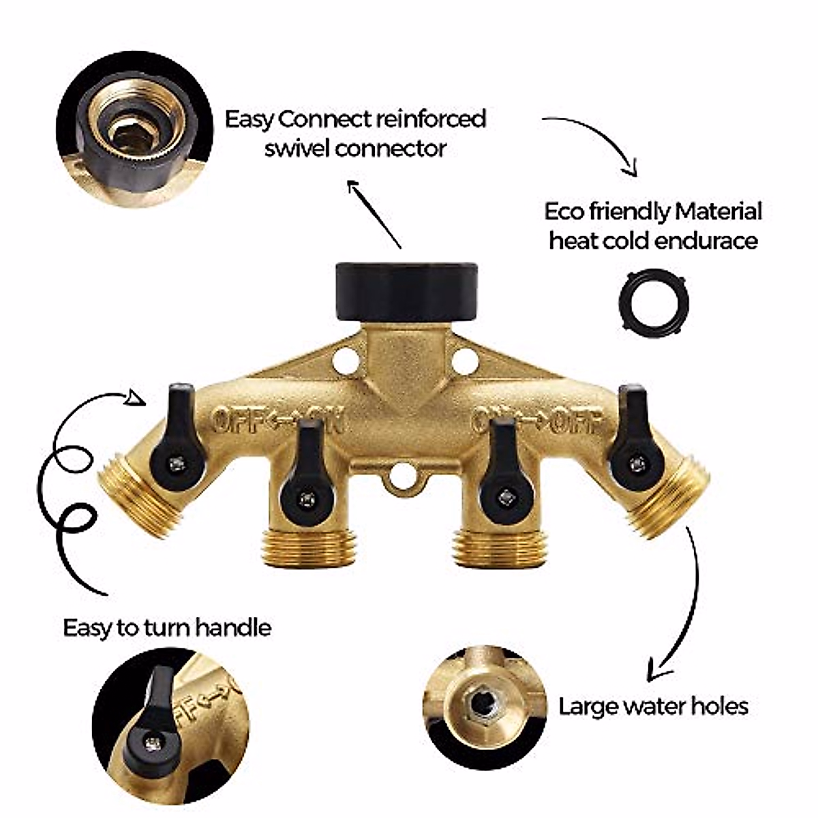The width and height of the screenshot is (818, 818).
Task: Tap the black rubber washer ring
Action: pyautogui.click(x=654, y=302)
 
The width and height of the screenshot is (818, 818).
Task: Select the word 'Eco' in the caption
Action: pyautogui.click(x=565, y=211)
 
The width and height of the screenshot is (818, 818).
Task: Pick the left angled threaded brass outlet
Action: pyautogui.click(x=130, y=494)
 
